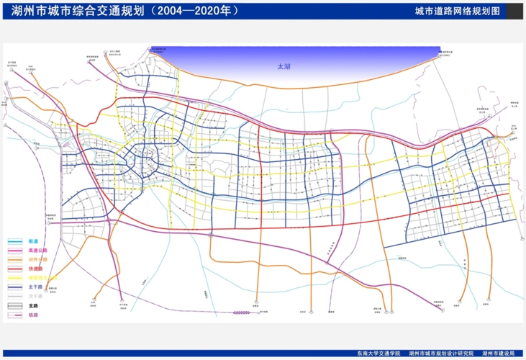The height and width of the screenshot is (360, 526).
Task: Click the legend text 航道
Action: point(33,241)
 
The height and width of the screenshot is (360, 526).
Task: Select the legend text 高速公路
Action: point(37,250)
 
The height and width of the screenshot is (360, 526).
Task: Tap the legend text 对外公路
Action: point(37,259)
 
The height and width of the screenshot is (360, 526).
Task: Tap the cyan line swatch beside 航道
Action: point(16,241)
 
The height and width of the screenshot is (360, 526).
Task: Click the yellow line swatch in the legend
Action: point(16,278)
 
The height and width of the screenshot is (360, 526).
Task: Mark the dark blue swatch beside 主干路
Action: point(16,287)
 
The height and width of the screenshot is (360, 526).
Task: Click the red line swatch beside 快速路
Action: point(16,269)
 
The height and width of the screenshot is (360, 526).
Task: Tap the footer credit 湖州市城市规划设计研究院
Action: point(441,354)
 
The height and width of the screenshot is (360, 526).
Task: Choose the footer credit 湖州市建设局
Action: point(499,354)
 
